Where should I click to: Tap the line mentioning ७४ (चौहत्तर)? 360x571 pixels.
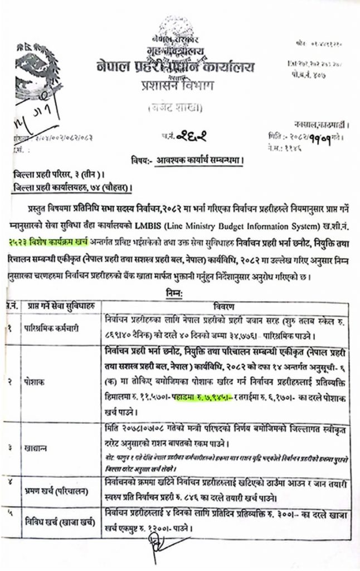pos(75,187)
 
